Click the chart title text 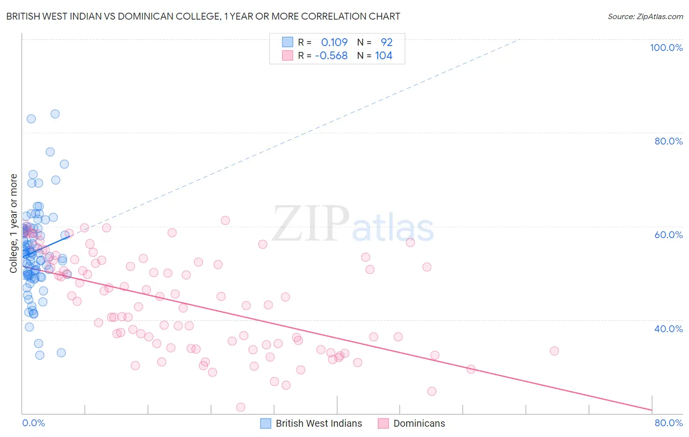pos(203,17)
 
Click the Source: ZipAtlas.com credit pos(645,17)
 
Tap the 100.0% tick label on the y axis pos(666,48)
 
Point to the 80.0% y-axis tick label pos(668,141)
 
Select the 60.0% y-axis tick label pos(668,235)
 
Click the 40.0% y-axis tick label pos(668,329)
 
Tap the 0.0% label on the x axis pos(33,423)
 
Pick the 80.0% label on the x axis pos(668,423)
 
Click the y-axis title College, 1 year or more pos(14,223)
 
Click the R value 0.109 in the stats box pos(334,43)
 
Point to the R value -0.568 pos(331,56)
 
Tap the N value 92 pos(387,43)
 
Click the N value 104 pos(384,56)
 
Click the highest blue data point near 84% pos(55,114)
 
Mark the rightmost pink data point pos(554,351)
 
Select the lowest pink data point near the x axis pos(241,407)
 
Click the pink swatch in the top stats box pos(287,56)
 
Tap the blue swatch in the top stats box pos(287,43)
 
